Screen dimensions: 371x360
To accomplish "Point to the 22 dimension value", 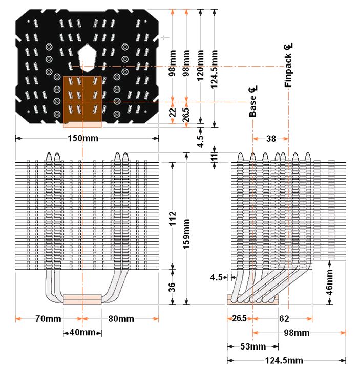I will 173,112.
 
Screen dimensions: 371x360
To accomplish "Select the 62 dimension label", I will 284,318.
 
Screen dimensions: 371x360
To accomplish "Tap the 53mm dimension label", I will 245,346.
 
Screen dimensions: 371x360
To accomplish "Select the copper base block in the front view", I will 82,299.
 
